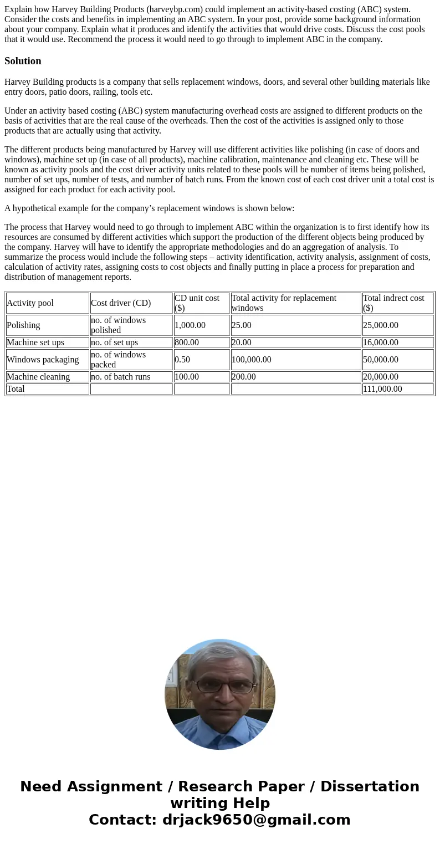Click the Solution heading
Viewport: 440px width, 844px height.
[23, 61]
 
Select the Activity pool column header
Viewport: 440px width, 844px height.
[30, 303]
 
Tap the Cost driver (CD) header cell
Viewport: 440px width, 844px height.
[121, 303]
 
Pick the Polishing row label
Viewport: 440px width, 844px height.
[23, 325]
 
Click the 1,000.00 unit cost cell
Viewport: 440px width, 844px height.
[190, 325]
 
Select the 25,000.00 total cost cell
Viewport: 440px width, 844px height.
[381, 325]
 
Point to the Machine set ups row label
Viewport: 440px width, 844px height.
[35, 342]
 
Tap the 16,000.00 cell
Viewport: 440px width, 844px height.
[381, 342]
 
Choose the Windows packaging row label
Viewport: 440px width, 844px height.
[43, 360]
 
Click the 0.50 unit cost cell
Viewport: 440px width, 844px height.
[182, 360]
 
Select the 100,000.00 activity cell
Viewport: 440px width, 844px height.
[252, 360]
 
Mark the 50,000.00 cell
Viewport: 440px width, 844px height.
[381, 360]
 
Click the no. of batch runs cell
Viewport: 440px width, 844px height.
[121, 377]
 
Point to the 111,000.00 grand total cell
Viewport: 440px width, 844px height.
[383, 389]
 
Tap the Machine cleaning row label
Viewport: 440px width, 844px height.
[38, 377]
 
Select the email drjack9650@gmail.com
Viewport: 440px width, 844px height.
[256, 820]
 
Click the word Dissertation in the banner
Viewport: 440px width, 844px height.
[370, 787]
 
